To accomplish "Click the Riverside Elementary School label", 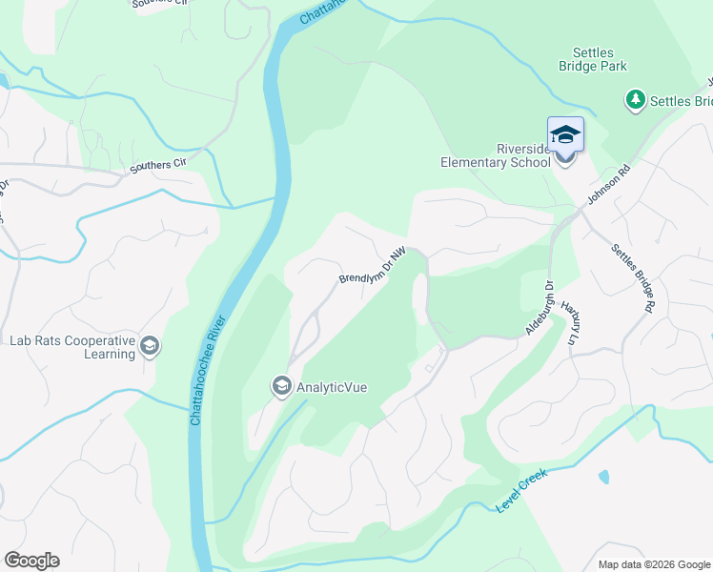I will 495,155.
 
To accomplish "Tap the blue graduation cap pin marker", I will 565,134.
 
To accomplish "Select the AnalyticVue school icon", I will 281,386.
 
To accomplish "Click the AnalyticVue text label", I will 332,387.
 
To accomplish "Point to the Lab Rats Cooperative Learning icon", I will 149,346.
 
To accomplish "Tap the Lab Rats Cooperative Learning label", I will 71,347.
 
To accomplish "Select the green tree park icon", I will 635,99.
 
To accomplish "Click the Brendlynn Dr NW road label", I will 373,265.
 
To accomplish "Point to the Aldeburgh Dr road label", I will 540,308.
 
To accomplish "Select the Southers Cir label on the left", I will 158,165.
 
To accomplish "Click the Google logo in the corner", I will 31,561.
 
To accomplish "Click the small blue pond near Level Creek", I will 603,476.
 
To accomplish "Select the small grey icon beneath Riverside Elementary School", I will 565,157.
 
